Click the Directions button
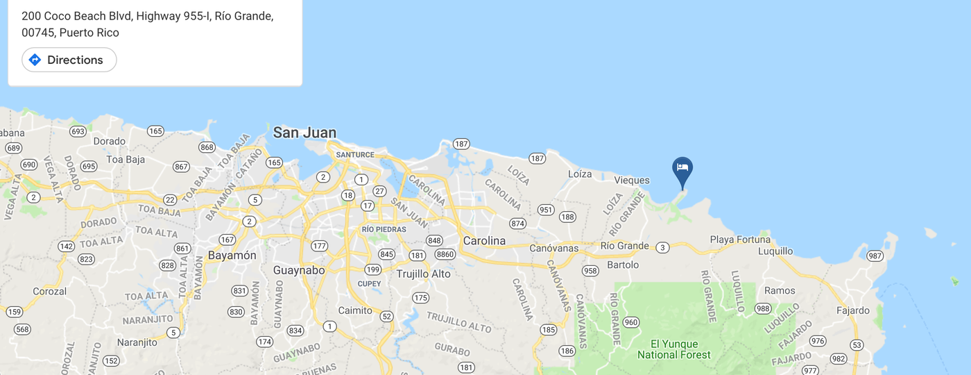pyautogui.click(x=69, y=60)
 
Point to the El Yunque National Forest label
pyautogui.click(x=674, y=349)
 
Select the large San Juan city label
pyautogui.click(x=304, y=133)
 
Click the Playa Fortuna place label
pyautogui.click(x=740, y=240)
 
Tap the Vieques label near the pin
pyautogui.click(x=632, y=180)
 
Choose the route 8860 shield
pyautogui.click(x=445, y=255)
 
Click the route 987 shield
pyautogui.click(x=875, y=256)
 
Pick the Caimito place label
pyautogui.click(x=355, y=310)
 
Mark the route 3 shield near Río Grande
pyautogui.click(x=662, y=247)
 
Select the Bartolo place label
pyautogui.click(x=623, y=265)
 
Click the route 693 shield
pyautogui.click(x=78, y=131)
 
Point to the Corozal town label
pyautogui.click(x=49, y=292)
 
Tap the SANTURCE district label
pyautogui.click(x=354, y=154)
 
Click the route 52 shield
pyautogui.click(x=387, y=317)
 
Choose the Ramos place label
pyautogui.click(x=780, y=290)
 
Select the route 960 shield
pyautogui.click(x=630, y=322)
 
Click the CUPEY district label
pyautogui.click(x=369, y=283)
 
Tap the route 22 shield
pyautogui.click(x=170, y=200)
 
